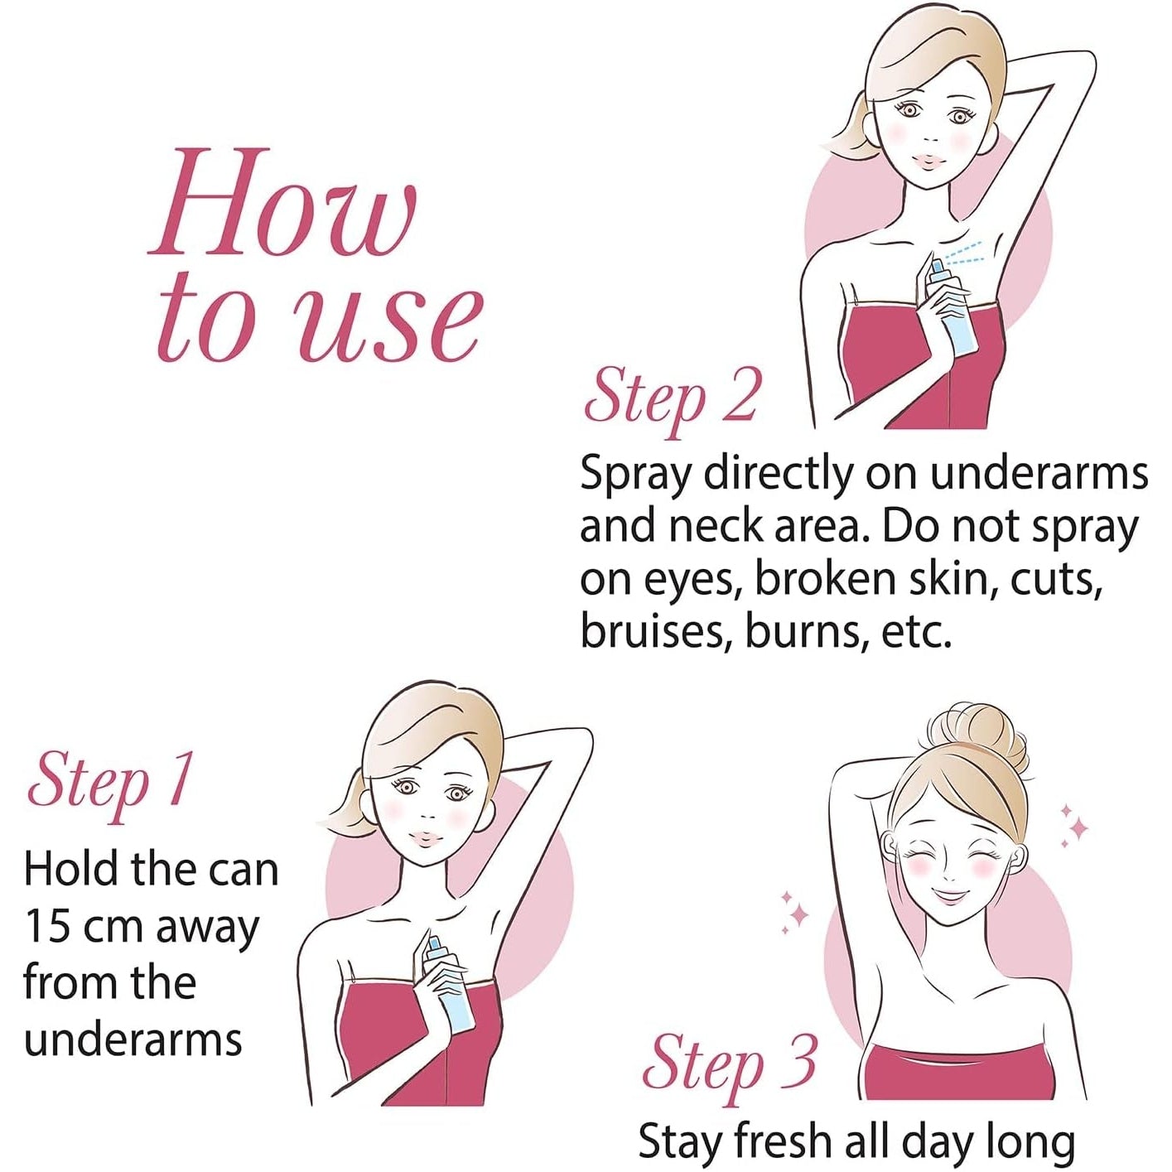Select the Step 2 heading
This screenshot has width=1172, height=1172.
(x=671, y=399)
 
